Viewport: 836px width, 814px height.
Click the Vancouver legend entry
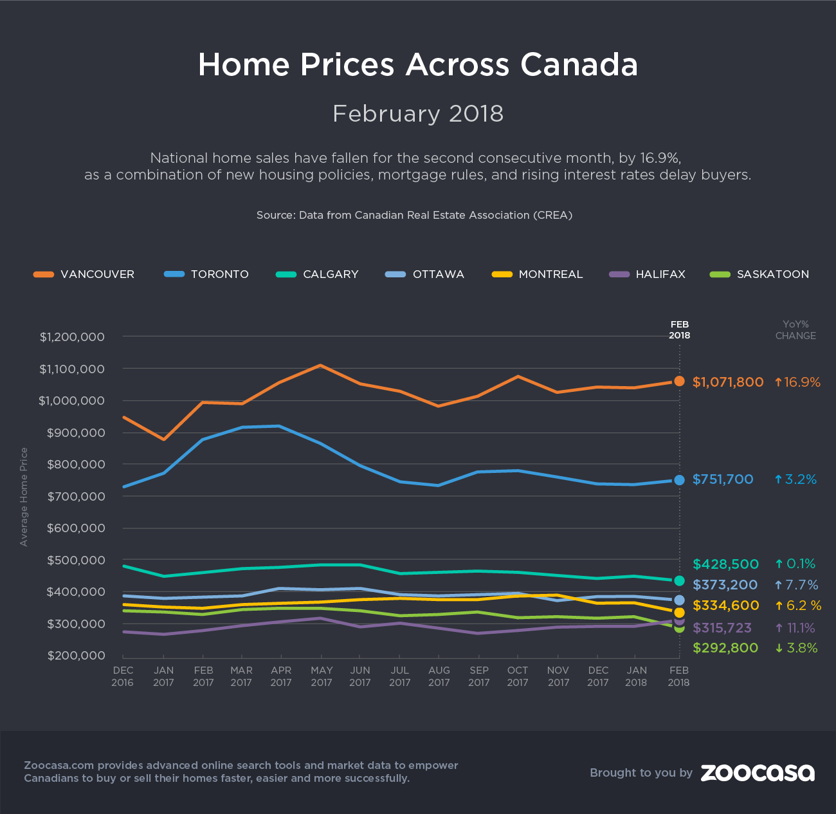[x=84, y=274]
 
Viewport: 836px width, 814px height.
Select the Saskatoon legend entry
[x=759, y=274]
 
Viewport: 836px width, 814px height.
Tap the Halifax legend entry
[x=648, y=274]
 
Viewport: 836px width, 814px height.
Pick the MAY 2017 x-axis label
[x=322, y=676]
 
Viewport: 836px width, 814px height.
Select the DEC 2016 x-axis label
[x=122, y=676]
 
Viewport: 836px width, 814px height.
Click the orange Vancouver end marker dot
[x=679, y=381]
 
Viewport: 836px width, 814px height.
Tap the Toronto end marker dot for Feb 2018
[x=679, y=480]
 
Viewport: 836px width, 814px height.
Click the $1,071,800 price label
[x=728, y=382]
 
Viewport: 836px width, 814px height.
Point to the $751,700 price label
[x=723, y=479]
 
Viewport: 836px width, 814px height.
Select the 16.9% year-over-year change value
[x=797, y=382]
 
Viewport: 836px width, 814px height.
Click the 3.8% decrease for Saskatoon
[x=797, y=648]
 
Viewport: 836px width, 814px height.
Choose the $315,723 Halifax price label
[x=722, y=628]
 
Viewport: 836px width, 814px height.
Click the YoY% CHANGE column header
[x=795, y=330]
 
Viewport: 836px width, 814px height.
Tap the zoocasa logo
[x=758, y=773]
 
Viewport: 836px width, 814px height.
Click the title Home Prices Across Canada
[x=418, y=64]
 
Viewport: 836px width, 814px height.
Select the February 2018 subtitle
[x=418, y=114]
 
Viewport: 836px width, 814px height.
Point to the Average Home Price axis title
[x=24, y=497]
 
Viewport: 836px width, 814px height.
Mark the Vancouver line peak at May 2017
[x=320, y=365]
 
